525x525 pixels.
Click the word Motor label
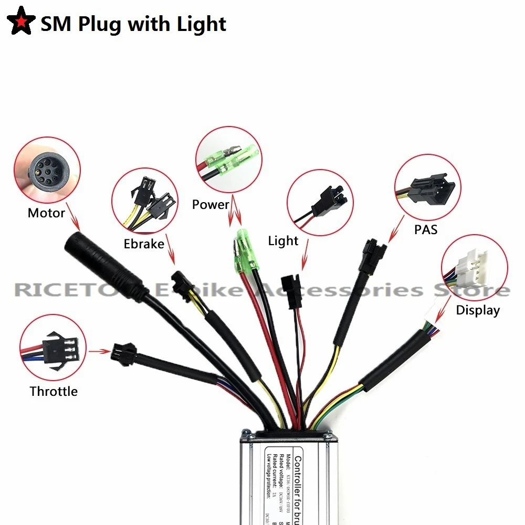pos(46,213)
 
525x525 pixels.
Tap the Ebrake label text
pos(144,244)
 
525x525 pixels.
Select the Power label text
pos(211,204)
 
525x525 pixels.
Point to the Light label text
pos(283,241)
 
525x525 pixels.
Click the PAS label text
pos(425,229)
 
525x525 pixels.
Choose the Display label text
pos(478,310)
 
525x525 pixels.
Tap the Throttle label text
pos(54,391)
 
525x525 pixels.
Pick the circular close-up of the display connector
pos(475,267)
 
